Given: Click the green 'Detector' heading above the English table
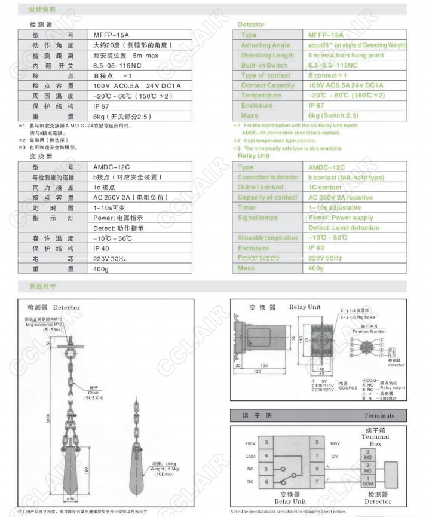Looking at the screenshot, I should tap(251, 25).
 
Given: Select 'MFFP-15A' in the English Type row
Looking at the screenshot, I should tap(326, 35).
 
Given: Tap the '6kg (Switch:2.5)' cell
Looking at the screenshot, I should tap(336, 115).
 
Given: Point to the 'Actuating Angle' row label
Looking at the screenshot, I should tap(265, 45).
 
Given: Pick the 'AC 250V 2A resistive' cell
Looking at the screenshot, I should tap(340, 197).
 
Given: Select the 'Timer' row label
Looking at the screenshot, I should tap(247, 207).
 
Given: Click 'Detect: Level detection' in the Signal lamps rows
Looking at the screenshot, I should tap(344, 228).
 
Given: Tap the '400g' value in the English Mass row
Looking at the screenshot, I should tap(316, 268).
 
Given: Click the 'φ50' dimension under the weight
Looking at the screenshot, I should tap(70, 498).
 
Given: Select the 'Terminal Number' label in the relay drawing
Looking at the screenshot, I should tap(370, 331).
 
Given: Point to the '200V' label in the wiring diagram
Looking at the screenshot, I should tap(250, 444).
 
